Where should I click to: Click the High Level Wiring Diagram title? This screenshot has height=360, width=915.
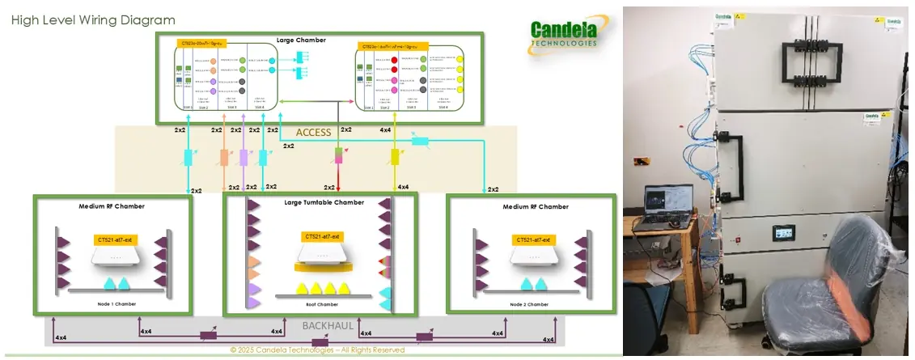(x=93, y=19)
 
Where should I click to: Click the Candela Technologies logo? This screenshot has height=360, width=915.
(x=564, y=36)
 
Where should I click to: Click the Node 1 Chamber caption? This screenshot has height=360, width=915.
(x=112, y=304)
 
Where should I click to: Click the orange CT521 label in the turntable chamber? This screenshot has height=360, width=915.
(x=320, y=236)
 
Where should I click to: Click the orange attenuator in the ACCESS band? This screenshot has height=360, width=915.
(x=225, y=158)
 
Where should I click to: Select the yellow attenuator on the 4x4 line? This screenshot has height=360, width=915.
(x=396, y=156)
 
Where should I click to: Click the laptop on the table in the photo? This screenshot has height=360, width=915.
(x=667, y=205)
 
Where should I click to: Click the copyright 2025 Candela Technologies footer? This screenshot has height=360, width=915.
(x=317, y=350)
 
